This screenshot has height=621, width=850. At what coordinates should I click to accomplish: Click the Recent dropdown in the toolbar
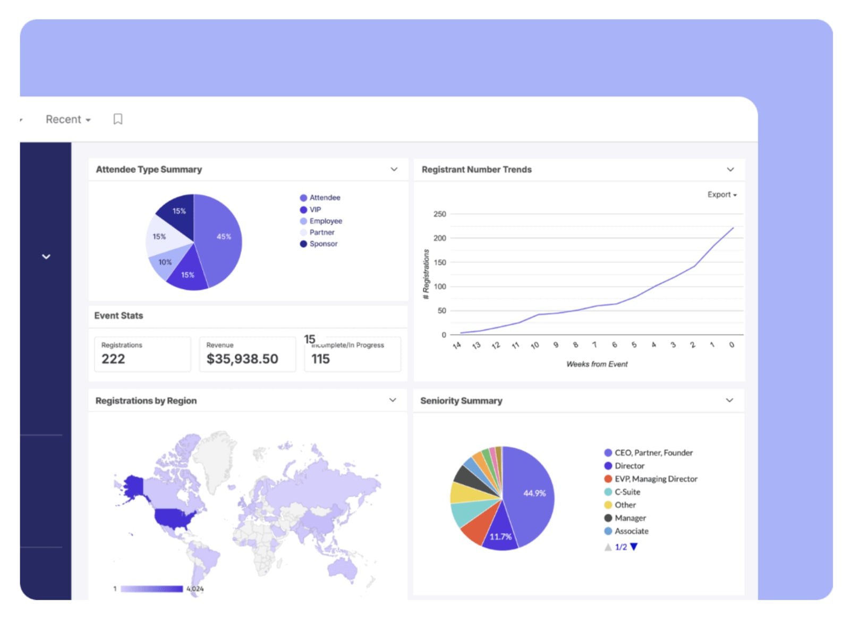[68, 120]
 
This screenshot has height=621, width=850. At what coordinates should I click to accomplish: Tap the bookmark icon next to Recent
[118, 119]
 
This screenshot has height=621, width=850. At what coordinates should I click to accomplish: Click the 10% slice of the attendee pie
[164, 263]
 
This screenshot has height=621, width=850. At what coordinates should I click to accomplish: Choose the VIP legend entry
[315, 209]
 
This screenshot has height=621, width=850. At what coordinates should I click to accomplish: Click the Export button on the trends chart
[721, 195]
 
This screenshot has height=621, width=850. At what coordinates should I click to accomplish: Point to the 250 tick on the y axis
[440, 214]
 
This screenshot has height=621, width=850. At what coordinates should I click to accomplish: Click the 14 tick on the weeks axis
[456, 346]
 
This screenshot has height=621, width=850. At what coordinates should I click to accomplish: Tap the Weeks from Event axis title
[597, 364]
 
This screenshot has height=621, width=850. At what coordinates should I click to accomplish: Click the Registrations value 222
[113, 359]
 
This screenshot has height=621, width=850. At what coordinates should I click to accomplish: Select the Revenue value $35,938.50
[242, 359]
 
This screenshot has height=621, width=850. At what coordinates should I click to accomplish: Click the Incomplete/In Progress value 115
[320, 359]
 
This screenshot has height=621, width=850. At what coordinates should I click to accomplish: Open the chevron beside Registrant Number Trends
[730, 170]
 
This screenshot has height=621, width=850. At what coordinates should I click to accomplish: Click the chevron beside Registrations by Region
[393, 400]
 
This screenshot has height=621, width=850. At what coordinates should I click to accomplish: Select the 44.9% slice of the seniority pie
[531, 494]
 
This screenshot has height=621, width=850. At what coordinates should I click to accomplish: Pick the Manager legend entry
[630, 518]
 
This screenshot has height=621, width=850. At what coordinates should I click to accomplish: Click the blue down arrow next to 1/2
[634, 547]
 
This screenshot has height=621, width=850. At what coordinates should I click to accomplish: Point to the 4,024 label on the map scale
[195, 589]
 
